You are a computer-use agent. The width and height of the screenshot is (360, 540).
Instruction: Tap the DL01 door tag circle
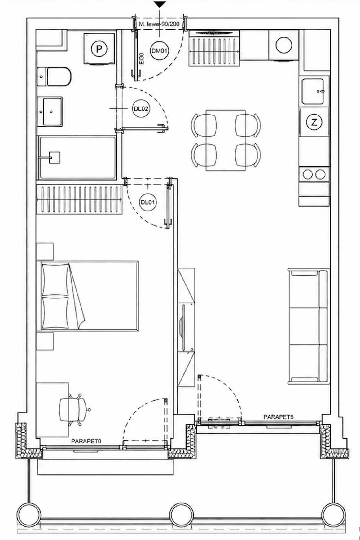[x=148, y=202]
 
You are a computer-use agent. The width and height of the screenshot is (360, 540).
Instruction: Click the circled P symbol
[x=99, y=49]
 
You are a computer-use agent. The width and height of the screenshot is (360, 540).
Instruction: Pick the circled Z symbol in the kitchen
[x=314, y=122]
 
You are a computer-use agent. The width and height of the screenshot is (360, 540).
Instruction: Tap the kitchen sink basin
[x=313, y=91]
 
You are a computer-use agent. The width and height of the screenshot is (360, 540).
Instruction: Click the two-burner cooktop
[x=314, y=174]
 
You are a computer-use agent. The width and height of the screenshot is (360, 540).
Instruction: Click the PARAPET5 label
[x=278, y=417]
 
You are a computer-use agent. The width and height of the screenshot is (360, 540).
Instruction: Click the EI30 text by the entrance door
[x=142, y=58]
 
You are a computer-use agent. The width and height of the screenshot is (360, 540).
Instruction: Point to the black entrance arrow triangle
[x=160, y=4]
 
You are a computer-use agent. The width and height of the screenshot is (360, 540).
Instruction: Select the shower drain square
[x=55, y=157]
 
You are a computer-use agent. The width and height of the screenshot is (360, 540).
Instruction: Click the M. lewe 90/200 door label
[x=159, y=24]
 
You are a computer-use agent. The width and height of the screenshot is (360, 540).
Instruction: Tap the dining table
[x=226, y=140]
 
